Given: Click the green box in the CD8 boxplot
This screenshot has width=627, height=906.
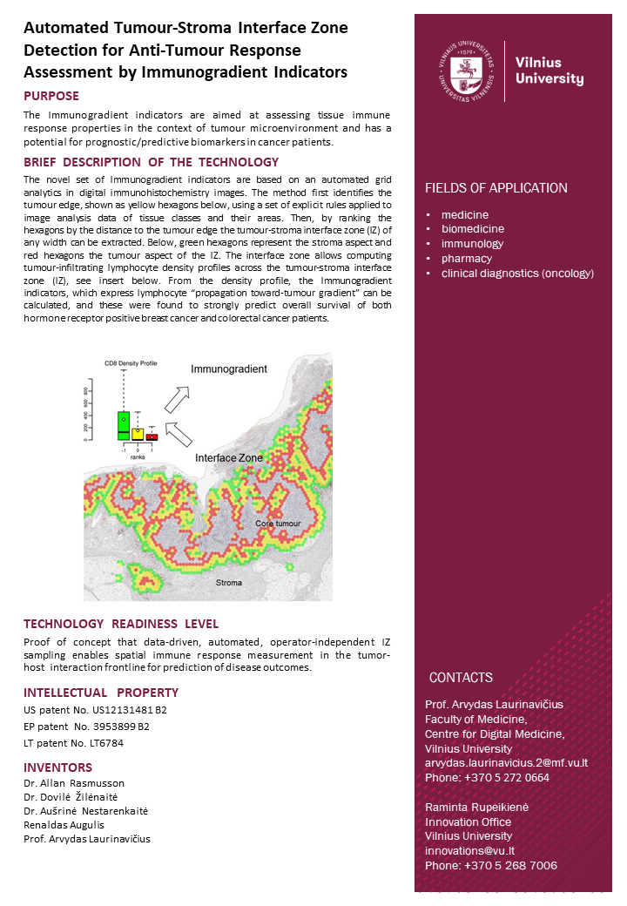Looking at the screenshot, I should point(123,425).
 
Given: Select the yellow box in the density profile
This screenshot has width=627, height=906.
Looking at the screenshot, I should point(138,433).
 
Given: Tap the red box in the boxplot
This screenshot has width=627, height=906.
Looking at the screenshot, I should point(152,436).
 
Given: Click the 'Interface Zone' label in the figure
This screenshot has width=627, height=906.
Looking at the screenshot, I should point(228,457).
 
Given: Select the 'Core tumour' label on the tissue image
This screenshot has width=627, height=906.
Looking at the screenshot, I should point(278,523).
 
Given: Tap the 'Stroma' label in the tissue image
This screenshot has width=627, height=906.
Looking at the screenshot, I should point(229,582).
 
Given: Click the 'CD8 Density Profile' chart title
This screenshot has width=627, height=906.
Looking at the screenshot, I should point(131,362).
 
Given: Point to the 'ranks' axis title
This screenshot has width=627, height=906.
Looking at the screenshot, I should point(138,456).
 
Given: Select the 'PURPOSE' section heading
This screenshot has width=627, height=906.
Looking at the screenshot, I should point(51,96).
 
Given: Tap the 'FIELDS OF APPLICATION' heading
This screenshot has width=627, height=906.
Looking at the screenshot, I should point(496,188).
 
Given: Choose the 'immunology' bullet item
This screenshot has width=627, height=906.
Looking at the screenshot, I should point(472,244).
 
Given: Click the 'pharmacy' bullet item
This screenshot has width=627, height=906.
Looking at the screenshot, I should point(466,259).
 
